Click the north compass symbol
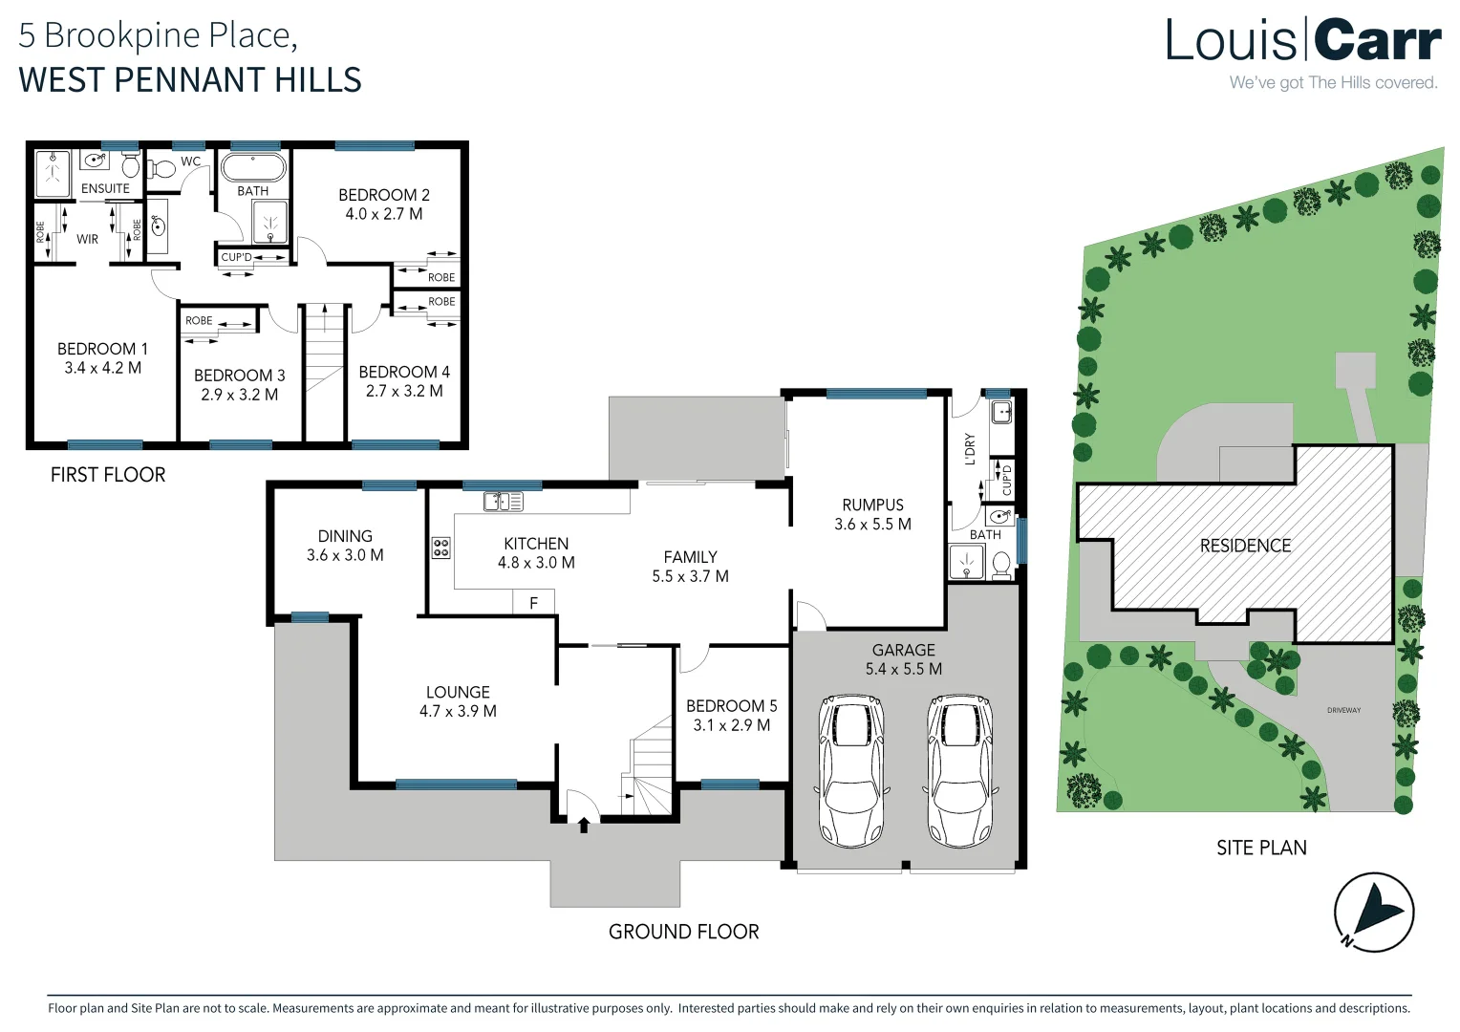click(x=1373, y=912)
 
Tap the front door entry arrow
click(x=584, y=826)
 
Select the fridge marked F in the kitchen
click(x=534, y=602)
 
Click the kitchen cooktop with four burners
click(x=440, y=548)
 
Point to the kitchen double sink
click(x=504, y=502)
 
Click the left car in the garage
click(x=851, y=771)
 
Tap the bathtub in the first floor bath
click(x=253, y=167)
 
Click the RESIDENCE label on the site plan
click(x=1245, y=546)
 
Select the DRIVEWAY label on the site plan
click(x=1344, y=710)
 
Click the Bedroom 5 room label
click(x=731, y=705)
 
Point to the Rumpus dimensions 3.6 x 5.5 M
click(x=872, y=524)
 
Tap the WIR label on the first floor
click(x=87, y=239)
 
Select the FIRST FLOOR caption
click(x=108, y=475)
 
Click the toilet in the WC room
click(x=161, y=169)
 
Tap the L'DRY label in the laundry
click(x=970, y=449)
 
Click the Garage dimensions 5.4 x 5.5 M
click(x=903, y=669)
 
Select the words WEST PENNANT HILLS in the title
click(x=190, y=79)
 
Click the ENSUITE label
click(x=106, y=188)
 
